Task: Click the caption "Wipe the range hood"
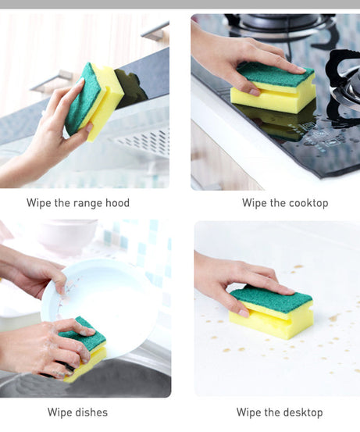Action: [78, 203]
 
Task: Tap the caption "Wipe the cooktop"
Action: [285, 203]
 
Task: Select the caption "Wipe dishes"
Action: [77, 412]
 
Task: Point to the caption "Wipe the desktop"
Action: [279, 412]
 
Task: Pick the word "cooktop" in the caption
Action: [308, 203]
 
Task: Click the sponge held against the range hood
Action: [94, 99]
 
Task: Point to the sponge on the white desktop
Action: [273, 312]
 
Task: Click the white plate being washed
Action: [102, 301]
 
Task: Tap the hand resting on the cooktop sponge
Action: [234, 55]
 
